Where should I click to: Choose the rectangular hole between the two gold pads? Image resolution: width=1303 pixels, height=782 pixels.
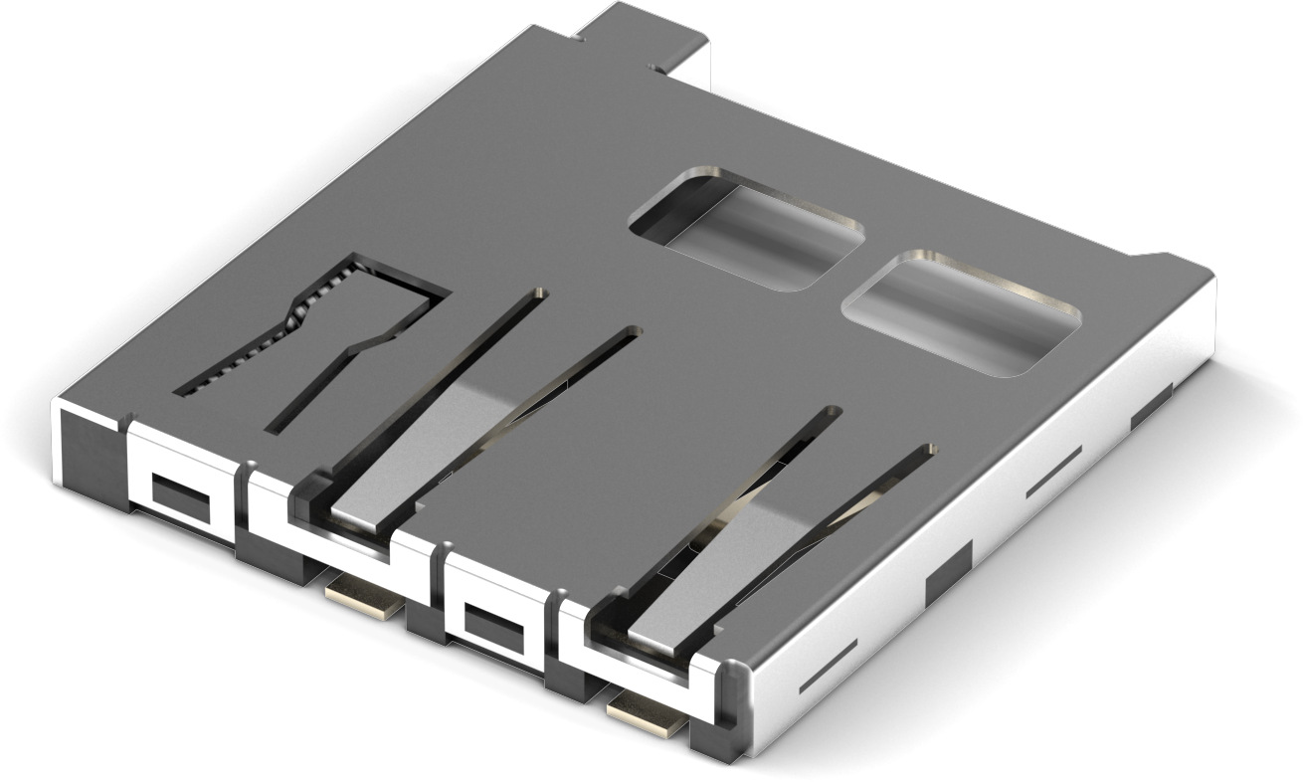pyautogui.click(x=493, y=628)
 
